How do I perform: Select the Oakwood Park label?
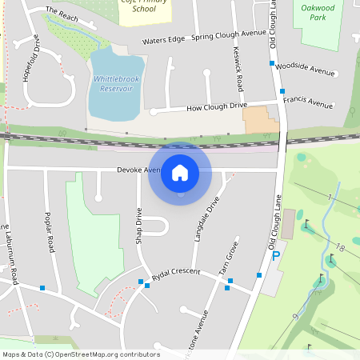click(x=319, y=12)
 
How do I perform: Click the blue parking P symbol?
click(x=276, y=256)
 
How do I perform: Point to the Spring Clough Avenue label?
click(x=228, y=35)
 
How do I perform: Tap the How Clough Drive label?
click(x=216, y=106)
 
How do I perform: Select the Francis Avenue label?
click(x=308, y=103)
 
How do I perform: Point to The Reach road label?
click(x=62, y=14)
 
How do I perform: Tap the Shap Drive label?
click(x=138, y=225)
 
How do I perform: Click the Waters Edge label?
click(x=163, y=41)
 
